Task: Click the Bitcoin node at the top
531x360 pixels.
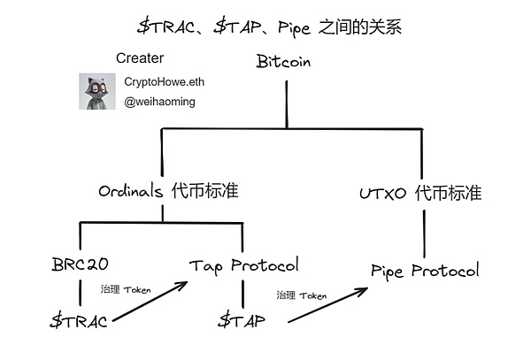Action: pyautogui.click(x=285, y=62)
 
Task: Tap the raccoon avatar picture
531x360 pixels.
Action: pyautogui.click(x=93, y=92)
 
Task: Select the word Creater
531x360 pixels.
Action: pyautogui.click(x=140, y=58)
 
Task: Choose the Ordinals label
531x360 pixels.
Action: pyautogui.click(x=131, y=191)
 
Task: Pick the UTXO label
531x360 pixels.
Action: pyautogui.click(x=382, y=193)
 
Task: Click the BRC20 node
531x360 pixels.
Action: pyautogui.click(x=81, y=264)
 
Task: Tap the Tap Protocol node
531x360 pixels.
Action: pyautogui.click(x=244, y=264)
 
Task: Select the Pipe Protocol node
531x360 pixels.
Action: pyautogui.click(x=426, y=269)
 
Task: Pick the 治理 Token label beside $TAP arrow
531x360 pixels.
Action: pyautogui.click(x=301, y=295)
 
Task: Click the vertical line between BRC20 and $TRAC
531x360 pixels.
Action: pyautogui.click(x=80, y=293)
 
